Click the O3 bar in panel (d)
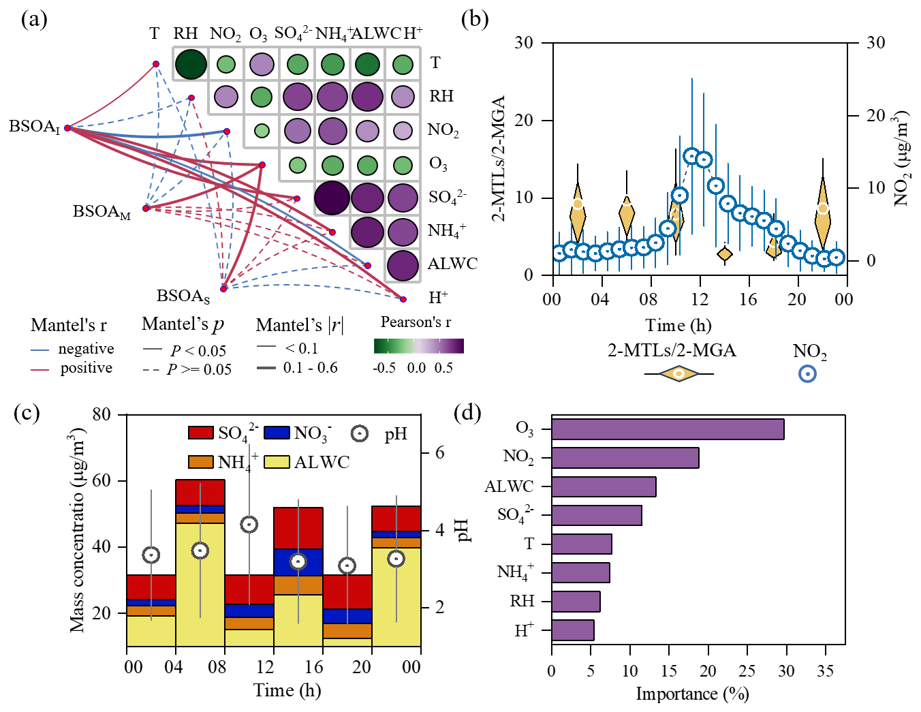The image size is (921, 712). pyautogui.click(x=668, y=429)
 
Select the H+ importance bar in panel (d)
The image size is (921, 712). pyautogui.click(x=572, y=630)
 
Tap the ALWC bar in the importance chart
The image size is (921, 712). pyautogui.click(x=604, y=486)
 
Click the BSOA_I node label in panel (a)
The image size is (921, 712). pyautogui.click(x=34, y=127)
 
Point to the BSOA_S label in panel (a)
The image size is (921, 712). pyautogui.click(x=183, y=296)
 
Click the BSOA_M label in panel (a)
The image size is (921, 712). pyautogui.click(x=102, y=212)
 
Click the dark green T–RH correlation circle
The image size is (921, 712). pyautogui.click(x=191, y=64)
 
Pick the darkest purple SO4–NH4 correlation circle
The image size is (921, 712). pyautogui.click(x=332, y=198)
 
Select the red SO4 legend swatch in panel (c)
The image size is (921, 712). pyautogui.click(x=201, y=433)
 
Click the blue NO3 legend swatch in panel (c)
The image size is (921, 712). pyautogui.click(x=277, y=433)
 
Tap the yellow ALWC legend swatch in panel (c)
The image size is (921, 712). pyautogui.click(x=277, y=462)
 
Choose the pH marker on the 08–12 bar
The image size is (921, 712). pyautogui.click(x=249, y=525)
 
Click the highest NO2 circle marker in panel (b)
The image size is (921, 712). pyautogui.click(x=692, y=157)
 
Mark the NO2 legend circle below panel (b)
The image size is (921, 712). pyautogui.click(x=807, y=374)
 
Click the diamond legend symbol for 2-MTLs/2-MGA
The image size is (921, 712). pyautogui.click(x=678, y=374)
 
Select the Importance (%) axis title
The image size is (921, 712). pyautogui.click(x=692, y=694)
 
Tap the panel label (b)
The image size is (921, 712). pyautogui.click(x=475, y=19)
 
